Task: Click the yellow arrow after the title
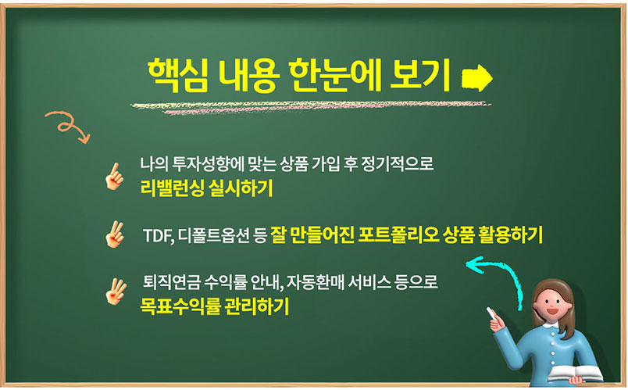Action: [x=476, y=77]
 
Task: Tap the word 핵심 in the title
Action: [x=178, y=75]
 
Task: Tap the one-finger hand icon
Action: [x=114, y=176]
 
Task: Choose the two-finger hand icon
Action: [x=115, y=234]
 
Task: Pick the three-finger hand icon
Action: [x=116, y=291]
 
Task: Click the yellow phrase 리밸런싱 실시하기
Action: [x=207, y=188]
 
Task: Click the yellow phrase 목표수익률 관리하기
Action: [x=214, y=306]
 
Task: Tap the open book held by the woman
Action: [x=576, y=373]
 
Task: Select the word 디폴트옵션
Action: [x=213, y=236]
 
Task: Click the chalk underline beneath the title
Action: [x=311, y=107]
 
